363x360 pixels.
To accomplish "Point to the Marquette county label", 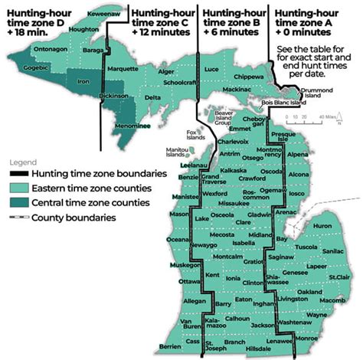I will point(122,68).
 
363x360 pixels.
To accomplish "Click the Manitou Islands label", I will point(175,152).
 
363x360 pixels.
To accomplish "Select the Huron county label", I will point(322,226).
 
